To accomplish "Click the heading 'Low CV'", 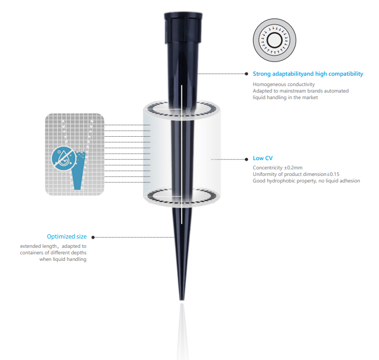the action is (262, 158).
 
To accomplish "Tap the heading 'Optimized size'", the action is (67, 236).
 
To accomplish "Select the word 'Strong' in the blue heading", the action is (262, 74).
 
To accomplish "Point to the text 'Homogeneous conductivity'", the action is (284, 84).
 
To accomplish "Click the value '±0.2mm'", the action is (293, 168).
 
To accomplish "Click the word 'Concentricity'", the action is (268, 168).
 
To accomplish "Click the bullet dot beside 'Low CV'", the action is (246, 160).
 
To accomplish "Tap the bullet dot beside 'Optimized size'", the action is (93, 237).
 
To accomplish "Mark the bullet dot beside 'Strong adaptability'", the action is (246, 74).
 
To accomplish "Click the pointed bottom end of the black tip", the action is (182, 300).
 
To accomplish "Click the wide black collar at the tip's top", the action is (183, 28).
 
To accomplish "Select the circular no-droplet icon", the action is (64, 158).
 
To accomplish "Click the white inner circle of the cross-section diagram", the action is (275, 40).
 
